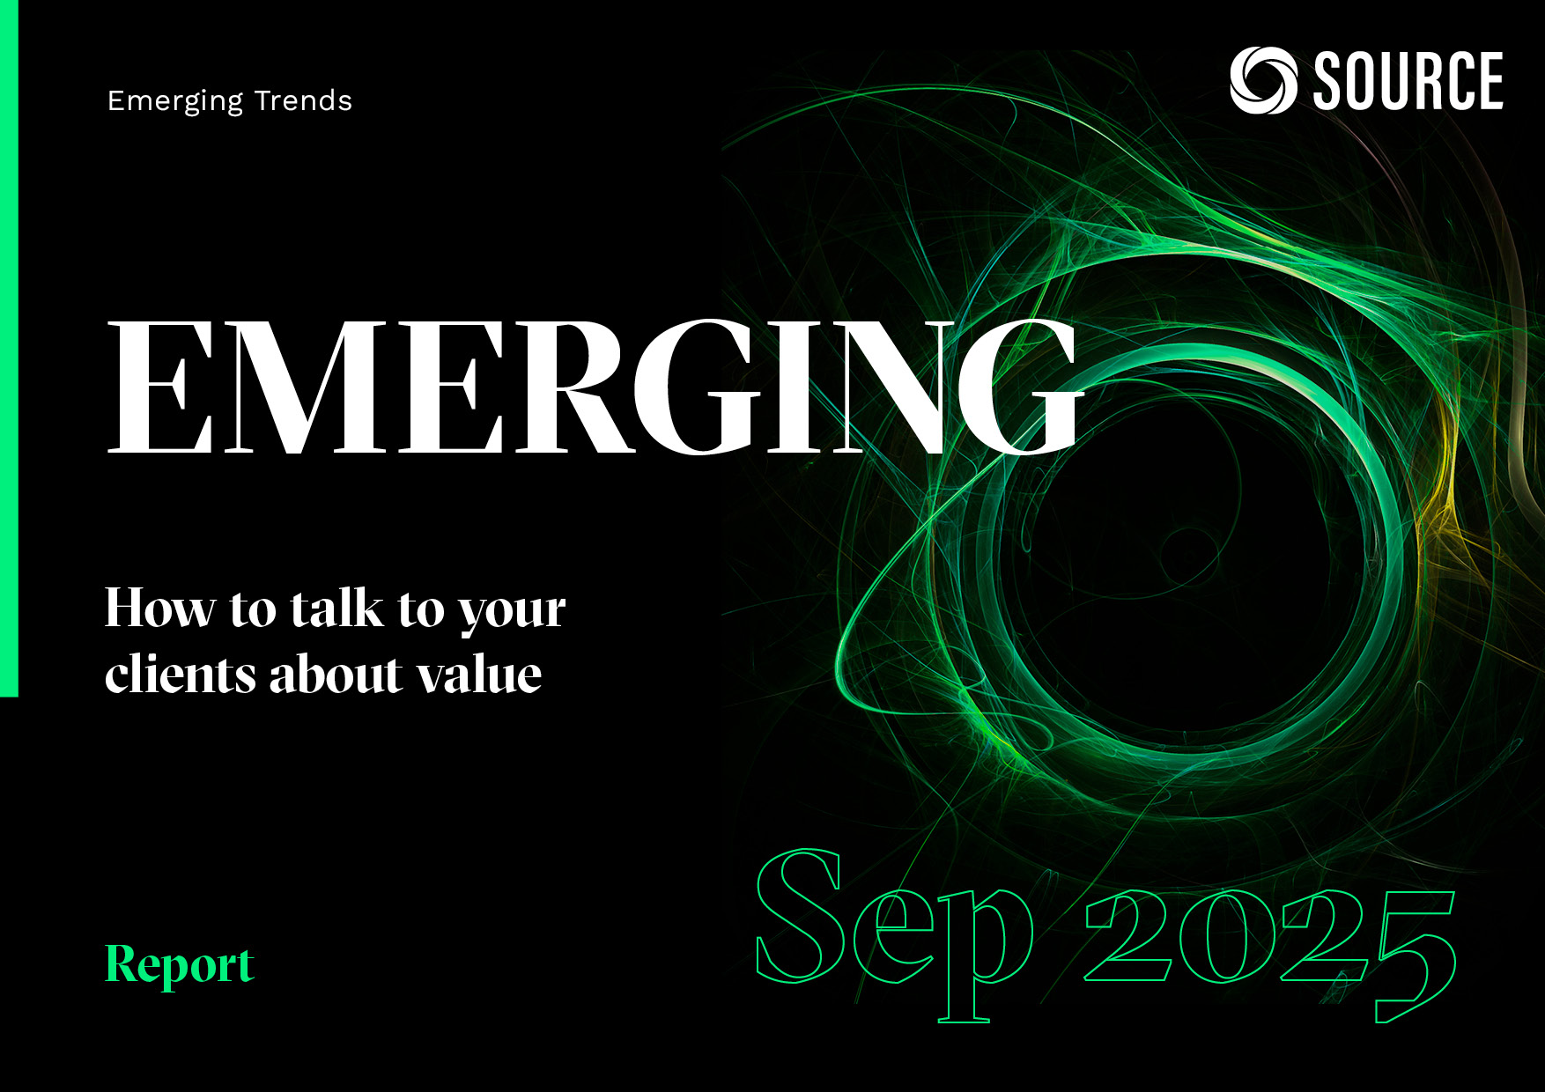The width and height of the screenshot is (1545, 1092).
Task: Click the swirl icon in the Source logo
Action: coord(1263,80)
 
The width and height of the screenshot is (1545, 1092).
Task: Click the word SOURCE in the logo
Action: coord(1408,81)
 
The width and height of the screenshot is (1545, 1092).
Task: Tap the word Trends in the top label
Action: coord(303,101)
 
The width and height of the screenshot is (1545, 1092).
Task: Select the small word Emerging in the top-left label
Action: coord(175,102)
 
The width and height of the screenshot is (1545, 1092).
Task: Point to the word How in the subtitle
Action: coord(160,609)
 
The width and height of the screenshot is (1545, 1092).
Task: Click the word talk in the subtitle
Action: coord(337,609)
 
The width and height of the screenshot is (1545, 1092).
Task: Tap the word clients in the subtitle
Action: coord(181,675)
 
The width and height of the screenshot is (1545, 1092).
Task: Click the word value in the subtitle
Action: coord(479,675)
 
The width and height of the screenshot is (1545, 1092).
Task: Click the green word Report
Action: coord(180,965)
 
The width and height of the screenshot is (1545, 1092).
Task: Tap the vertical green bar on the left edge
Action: coord(9,349)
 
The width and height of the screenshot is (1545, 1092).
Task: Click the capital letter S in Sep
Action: coord(801,916)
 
